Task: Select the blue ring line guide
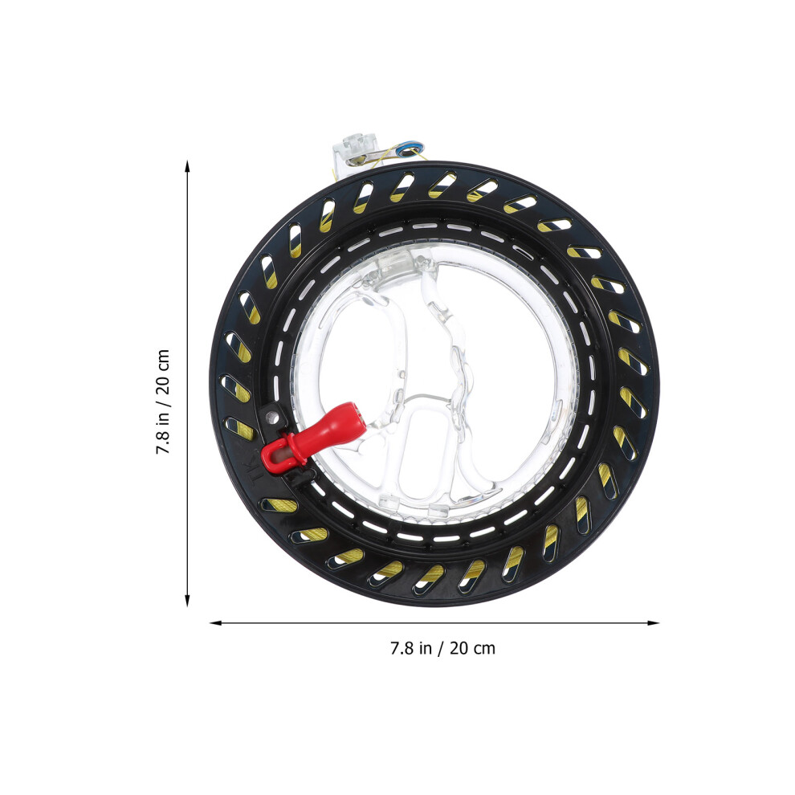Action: [x=410, y=149]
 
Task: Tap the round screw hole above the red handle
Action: [x=272, y=418]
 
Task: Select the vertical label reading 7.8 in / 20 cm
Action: [x=163, y=402]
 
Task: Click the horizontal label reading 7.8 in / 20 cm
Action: [x=442, y=648]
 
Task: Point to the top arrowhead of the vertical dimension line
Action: [x=187, y=165]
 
